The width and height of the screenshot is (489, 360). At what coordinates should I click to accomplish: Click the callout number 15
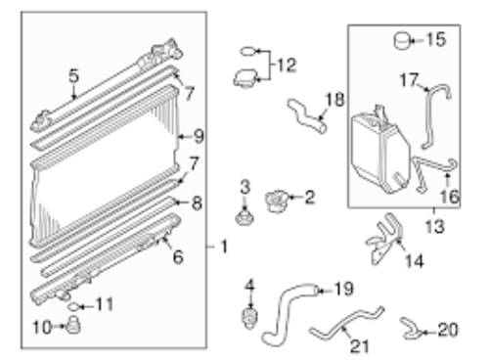click(x=436, y=39)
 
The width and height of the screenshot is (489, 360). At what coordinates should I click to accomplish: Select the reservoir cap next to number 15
click(x=402, y=41)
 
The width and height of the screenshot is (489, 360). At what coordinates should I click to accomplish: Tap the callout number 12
click(x=287, y=65)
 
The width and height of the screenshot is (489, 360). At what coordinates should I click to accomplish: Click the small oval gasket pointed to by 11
click(x=73, y=306)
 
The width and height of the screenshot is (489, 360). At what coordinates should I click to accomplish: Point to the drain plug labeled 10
click(x=73, y=325)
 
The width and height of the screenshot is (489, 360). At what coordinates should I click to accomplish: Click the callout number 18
click(x=334, y=99)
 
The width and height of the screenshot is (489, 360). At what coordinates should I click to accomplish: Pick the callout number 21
click(x=359, y=346)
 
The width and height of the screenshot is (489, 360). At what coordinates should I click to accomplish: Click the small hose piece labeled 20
click(x=412, y=329)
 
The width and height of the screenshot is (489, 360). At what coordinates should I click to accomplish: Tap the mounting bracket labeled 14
click(x=384, y=238)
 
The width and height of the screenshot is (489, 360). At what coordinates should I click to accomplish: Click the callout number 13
click(x=435, y=226)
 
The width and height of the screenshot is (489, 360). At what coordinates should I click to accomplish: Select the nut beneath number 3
click(x=244, y=218)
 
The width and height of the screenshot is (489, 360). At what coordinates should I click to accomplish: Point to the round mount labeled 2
click(x=277, y=201)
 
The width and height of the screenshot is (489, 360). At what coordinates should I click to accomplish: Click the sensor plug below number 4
click(x=250, y=318)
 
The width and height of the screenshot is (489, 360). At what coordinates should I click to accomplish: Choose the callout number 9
click(x=199, y=136)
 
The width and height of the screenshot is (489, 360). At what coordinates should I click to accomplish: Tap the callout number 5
click(x=74, y=75)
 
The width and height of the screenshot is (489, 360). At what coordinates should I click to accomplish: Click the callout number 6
click(x=178, y=256)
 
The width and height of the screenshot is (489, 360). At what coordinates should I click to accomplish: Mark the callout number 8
click(x=197, y=203)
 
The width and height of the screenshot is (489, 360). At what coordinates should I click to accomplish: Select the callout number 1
click(x=224, y=247)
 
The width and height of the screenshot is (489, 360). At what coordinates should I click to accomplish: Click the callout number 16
click(x=449, y=197)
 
